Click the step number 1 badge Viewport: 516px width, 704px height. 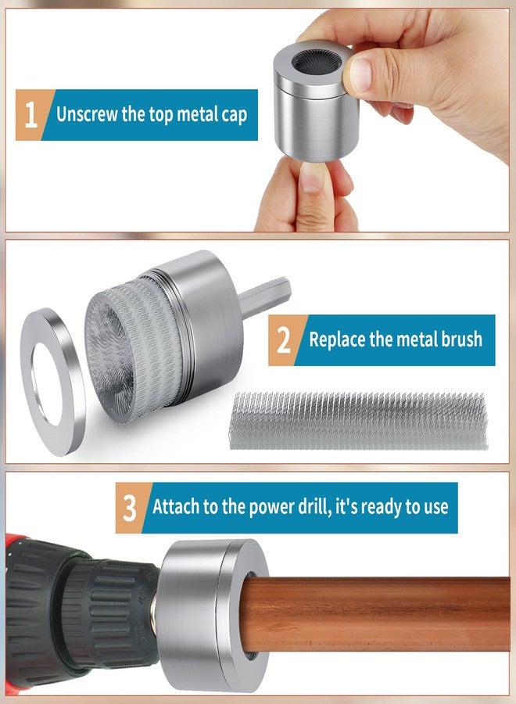pos(30,115)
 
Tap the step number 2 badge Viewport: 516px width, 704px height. pos(284,340)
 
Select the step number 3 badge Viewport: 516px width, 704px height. pos(130,508)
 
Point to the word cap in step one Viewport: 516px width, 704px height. pos(235,116)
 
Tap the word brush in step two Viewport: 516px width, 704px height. pos(462,339)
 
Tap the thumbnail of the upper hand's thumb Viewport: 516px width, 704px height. pos(360,75)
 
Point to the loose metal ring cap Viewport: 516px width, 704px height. pos(52,381)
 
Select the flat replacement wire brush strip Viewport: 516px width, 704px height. pos(358,421)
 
